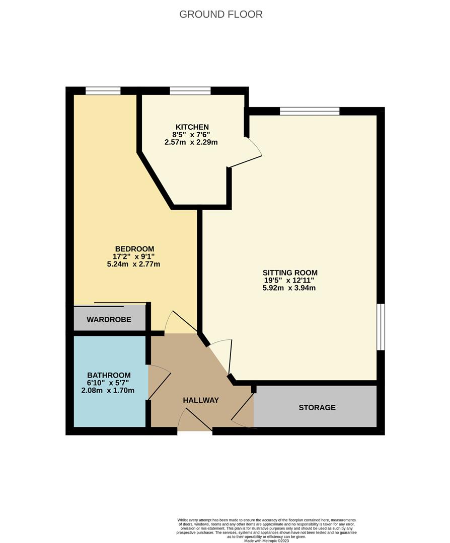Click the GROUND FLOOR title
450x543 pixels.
pos(221,14)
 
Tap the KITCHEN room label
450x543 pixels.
pos(192,127)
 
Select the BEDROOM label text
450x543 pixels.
pos(134,249)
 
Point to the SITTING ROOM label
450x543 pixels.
pos(291,273)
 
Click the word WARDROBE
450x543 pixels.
pos(109,319)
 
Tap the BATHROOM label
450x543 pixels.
pos(109,375)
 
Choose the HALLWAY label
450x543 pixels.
pos(201,400)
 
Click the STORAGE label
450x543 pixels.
pos(317,407)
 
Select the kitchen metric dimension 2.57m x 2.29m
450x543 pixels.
pos(191,142)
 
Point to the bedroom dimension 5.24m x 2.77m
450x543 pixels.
pos(134,264)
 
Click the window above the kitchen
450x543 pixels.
pos(190,91)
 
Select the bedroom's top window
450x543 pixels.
pos(103,91)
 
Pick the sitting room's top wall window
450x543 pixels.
pos(310,111)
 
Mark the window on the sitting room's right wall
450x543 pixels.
pos(381,326)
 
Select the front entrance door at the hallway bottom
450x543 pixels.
pos(195,420)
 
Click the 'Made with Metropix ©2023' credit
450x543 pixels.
pos(267,540)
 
